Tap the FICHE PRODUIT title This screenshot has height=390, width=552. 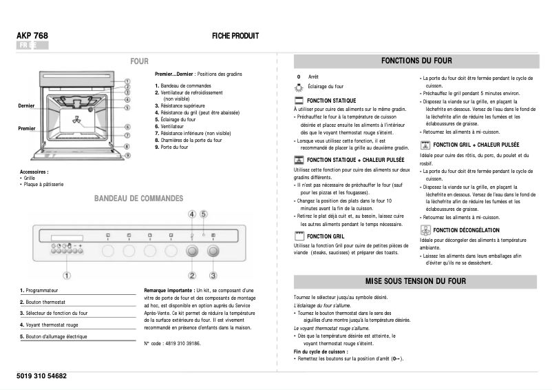235,36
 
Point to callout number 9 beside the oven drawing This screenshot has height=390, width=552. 128,155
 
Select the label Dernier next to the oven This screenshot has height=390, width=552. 26,105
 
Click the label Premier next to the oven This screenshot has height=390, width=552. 26,128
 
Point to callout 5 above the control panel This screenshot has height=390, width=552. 204,214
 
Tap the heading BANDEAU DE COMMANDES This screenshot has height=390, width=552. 139,198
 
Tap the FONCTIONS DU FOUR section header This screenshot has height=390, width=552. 418,61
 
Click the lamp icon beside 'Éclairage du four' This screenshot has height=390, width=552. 298,87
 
